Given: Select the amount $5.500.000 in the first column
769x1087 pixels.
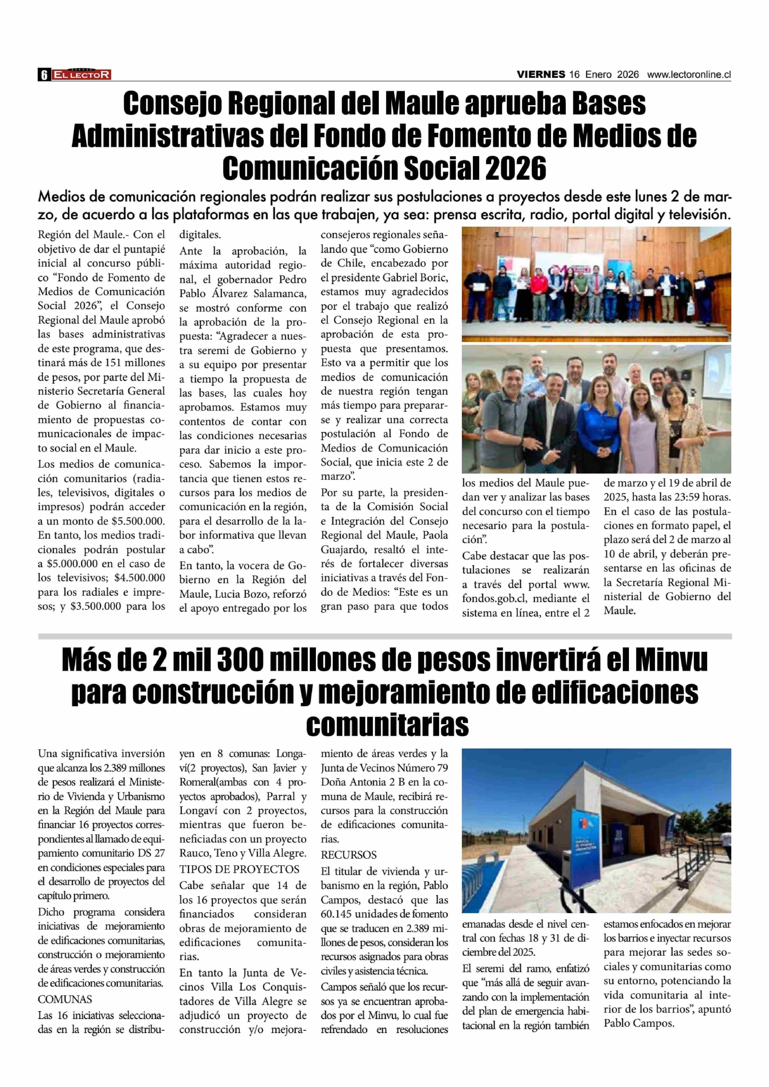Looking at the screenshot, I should [x=138, y=522].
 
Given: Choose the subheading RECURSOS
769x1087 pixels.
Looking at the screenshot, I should [x=349, y=855].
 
